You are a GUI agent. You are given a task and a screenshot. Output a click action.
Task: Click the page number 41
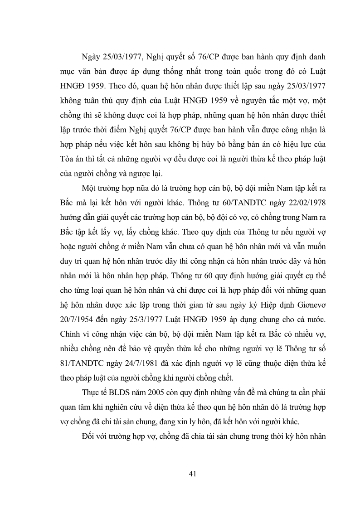[x=192, y=474]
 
